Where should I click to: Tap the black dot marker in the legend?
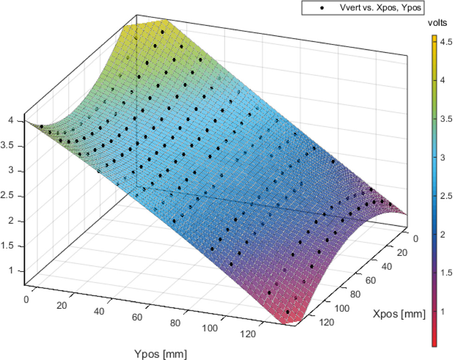point(322,8)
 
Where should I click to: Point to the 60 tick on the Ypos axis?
point(137,318)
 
